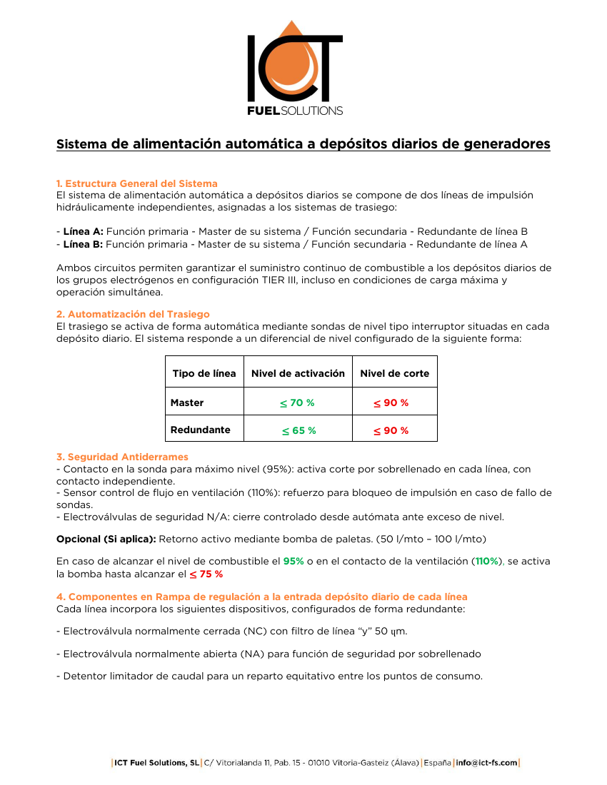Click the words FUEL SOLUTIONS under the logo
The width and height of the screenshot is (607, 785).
(294, 111)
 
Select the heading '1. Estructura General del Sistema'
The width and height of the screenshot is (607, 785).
(137, 183)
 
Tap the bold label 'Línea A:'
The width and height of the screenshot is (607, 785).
(83, 231)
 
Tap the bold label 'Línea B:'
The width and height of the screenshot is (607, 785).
(83, 243)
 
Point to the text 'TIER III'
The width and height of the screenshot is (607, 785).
(286, 280)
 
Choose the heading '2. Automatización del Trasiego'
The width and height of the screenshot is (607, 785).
(133, 314)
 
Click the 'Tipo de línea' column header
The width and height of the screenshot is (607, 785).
(204, 373)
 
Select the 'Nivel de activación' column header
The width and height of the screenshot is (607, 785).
(298, 373)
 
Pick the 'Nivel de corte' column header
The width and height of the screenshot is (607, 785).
(394, 373)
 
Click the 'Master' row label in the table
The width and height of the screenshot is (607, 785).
(187, 402)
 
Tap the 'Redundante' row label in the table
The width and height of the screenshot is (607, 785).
(200, 430)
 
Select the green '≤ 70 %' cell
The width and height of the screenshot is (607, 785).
(297, 402)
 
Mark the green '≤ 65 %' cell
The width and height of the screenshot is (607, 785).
(299, 430)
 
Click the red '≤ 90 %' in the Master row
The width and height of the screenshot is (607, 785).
(391, 402)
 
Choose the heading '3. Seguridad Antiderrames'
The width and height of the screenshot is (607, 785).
(122, 457)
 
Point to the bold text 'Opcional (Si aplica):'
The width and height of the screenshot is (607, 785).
(106, 538)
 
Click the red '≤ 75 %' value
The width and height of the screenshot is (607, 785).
(206, 574)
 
